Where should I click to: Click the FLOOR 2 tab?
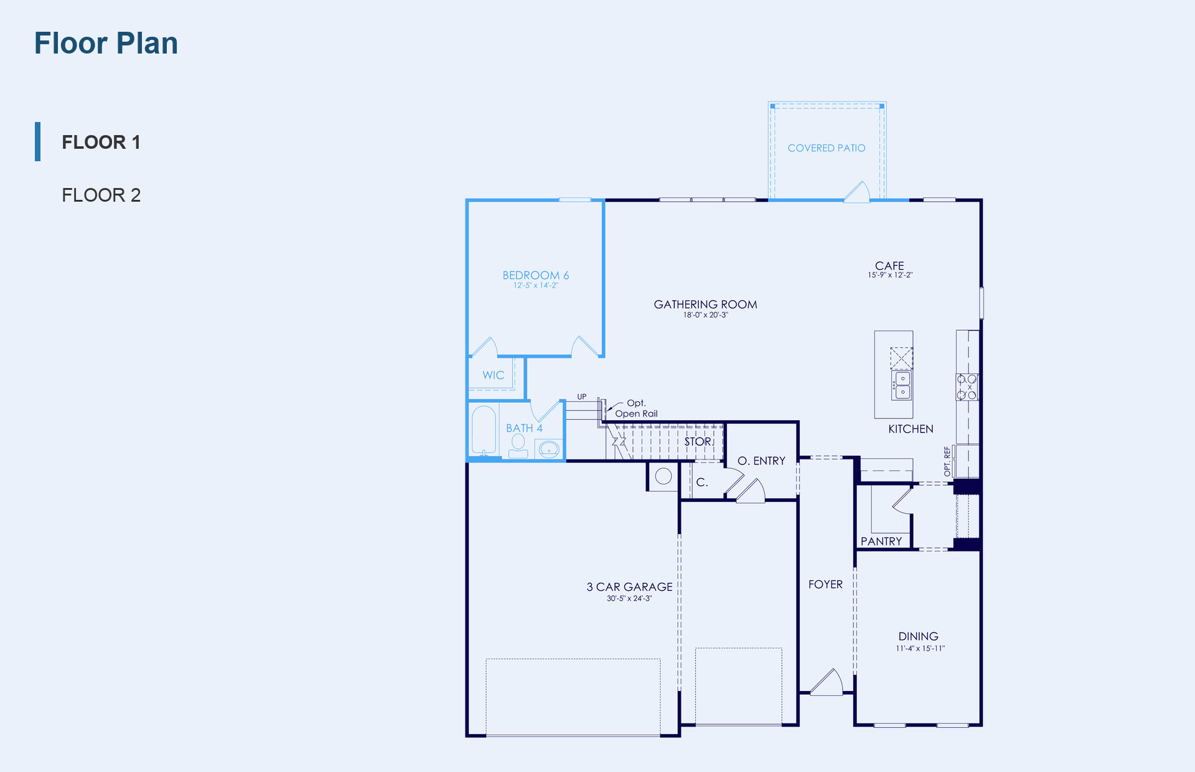(x=101, y=195)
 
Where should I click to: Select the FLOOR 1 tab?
(x=101, y=142)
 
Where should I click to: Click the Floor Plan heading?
(x=106, y=43)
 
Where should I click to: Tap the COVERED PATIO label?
(x=827, y=148)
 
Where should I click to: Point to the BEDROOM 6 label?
(x=536, y=275)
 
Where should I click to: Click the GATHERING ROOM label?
(x=705, y=304)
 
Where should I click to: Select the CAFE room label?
(x=889, y=266)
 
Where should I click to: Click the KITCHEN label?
(x=911, y=429)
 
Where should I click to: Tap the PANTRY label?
(x=881, y=542)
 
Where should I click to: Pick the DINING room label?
(x=918, y=636)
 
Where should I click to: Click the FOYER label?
(x=825, y=585)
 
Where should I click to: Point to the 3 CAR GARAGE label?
(x=629, y=587)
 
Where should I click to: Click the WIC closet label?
(x=493, y=375)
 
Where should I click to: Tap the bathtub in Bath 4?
(x=484, y=430)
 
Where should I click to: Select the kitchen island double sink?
(x=902, y=385)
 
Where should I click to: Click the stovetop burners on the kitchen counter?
(x=967, y=387)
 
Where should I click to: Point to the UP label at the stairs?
(x=581, y=397)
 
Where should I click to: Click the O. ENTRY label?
(x=761, y=461)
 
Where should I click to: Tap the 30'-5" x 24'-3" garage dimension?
(x=629, y=598)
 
